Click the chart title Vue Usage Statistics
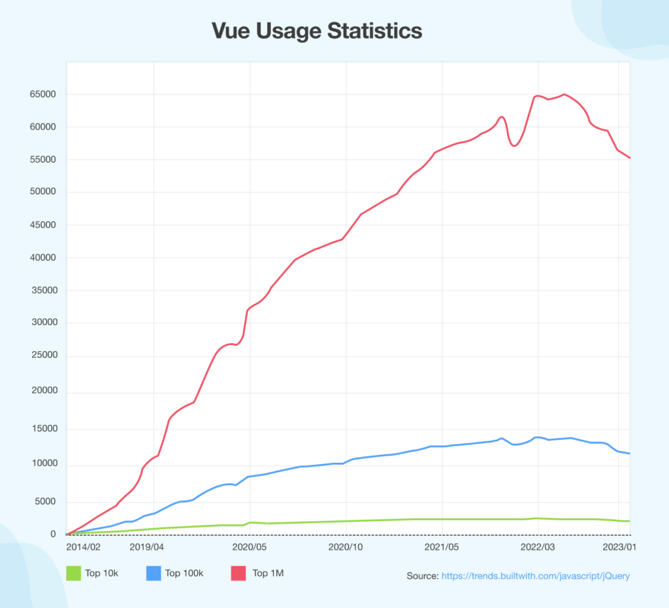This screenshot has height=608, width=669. click(x=317, y=31)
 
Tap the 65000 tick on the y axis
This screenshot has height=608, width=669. click(x=42, y=94)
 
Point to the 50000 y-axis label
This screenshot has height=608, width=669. click(x=42, y=192)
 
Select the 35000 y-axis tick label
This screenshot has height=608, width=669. click(x=42, y=290)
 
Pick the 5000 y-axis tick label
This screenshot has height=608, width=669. click(x=45, y=502)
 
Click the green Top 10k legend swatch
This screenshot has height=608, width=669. click(x=73, y=573)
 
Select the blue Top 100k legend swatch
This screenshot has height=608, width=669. click(x=153, y=573)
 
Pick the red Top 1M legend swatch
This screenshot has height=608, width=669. click(x=240, y=573)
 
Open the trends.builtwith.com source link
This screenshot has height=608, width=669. click(x=536, y=576)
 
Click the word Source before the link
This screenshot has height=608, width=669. click(x=422, y=576)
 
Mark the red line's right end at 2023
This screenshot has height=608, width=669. click(x=629, y=158)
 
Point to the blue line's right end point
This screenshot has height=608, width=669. click(x=629, y=454)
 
